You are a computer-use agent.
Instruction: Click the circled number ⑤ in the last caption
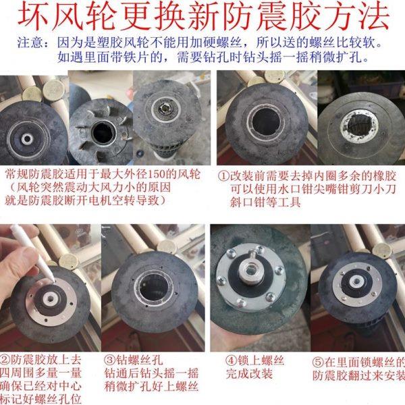coord(322,359)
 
